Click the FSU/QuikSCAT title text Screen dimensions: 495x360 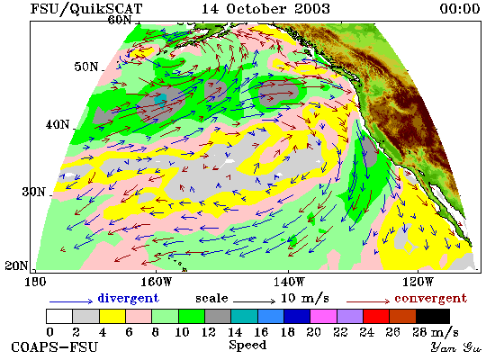(86, 9)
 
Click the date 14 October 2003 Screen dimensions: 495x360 (265, 8)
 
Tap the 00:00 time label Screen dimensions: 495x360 (460, 8)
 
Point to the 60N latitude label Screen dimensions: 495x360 (120, 20)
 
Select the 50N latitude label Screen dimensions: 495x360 (86, 67)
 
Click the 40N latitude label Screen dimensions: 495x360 (58, 125)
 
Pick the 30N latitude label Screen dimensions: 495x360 (33, 192)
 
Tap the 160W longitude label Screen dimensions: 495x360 (156, 282)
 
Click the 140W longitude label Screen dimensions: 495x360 (289, 282)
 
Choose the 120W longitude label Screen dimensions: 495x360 (418, 282)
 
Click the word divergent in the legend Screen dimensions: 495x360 (128, 298)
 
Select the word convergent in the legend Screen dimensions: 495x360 (430, 299)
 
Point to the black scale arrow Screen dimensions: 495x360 (254, 301)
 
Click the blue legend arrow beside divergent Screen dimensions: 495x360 (71, 301)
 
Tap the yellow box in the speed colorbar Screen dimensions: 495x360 (112, 317)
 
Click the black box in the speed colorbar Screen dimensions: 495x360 (433, 317)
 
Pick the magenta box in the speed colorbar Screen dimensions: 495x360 (323, 317)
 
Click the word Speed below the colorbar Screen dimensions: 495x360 (247, 345)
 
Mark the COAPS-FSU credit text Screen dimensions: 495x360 (54, 347)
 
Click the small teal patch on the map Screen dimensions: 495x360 (160, 100)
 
